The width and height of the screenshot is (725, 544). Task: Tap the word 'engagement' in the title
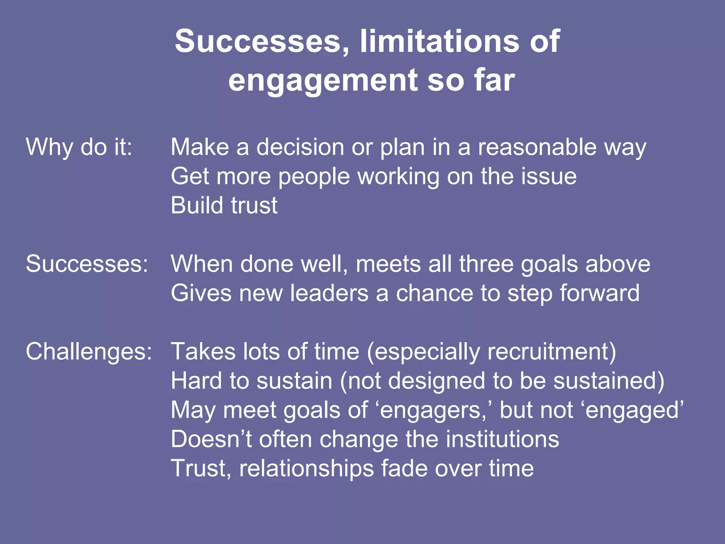[324, 81]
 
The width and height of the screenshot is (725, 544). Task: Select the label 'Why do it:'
[79, 147]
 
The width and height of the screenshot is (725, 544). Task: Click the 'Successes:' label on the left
[87, 264]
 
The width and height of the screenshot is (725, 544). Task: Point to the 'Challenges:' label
[89, 352]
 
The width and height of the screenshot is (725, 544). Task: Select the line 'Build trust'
[224, 205]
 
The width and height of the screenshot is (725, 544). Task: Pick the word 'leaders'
[329, 293]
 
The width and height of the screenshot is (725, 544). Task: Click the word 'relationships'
[307, 468]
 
